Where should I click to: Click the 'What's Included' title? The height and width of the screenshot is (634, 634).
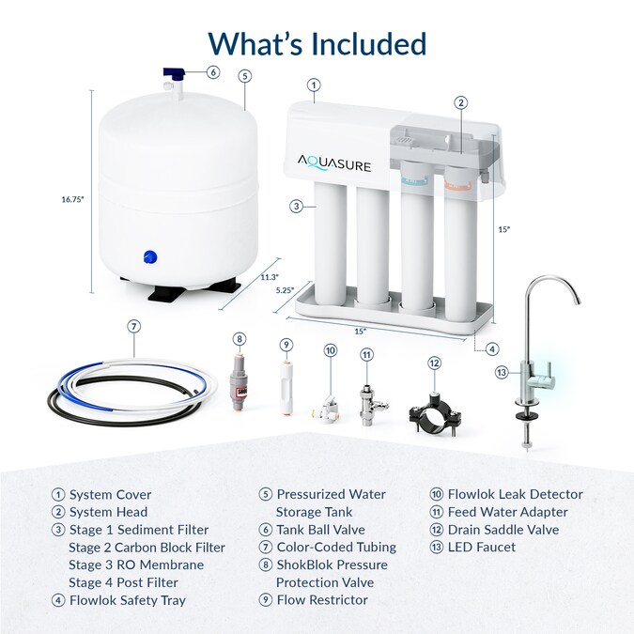point(317,43)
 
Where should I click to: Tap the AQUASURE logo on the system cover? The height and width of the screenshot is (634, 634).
point(335,165)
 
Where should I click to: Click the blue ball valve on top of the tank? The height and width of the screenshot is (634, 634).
point(175,73)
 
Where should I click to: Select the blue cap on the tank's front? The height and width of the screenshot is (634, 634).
point(148,256)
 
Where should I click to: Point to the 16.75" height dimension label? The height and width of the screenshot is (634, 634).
point(73,199)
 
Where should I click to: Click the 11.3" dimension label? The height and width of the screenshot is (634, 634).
point(269,276)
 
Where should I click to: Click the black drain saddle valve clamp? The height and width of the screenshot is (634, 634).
point(433,411)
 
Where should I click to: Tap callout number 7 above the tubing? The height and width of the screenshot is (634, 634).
point(134,327)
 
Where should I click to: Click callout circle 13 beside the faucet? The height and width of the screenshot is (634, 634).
point(502,373)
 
